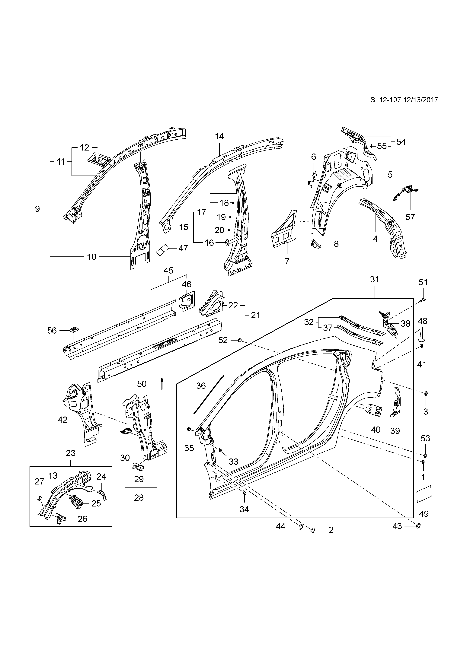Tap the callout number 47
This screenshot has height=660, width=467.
183,248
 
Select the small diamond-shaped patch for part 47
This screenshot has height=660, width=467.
163,250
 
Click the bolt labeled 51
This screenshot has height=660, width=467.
422,300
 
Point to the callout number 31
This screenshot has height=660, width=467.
375,279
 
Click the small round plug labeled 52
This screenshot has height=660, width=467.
239,340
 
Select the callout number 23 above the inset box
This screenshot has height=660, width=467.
71,453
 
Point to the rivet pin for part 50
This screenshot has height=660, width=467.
162,384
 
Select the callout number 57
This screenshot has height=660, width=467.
410,217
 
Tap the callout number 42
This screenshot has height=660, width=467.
62,420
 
